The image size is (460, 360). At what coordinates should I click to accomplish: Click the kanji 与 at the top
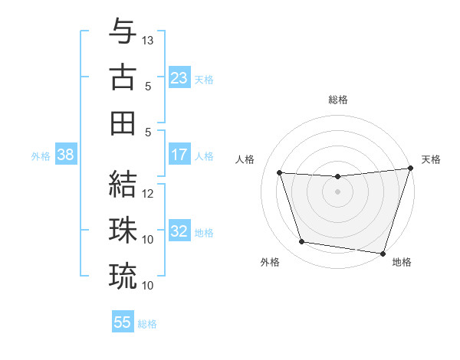(x=123, y=32)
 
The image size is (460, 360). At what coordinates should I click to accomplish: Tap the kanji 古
(x=123, y=77)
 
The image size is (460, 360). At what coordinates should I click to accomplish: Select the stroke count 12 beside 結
(x=149, y=194)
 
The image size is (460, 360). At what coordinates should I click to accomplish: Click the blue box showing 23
(x=179, y=78)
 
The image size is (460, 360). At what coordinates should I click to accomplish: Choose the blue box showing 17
(x=179, y=155)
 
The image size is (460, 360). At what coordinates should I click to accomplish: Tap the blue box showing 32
(x=179, y=232)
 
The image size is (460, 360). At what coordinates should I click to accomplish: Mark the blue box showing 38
(x=65, y=155)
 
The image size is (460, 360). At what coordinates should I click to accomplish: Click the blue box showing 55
(x=123, y=322)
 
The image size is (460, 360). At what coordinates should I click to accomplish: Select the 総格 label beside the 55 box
(x=147, y=324)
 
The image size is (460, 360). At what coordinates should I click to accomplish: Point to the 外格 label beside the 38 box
(x=41, y=156)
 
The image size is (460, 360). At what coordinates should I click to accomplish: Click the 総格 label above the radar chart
(x=338, y=100)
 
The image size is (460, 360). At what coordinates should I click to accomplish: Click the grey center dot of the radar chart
(x=338, y=191)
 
